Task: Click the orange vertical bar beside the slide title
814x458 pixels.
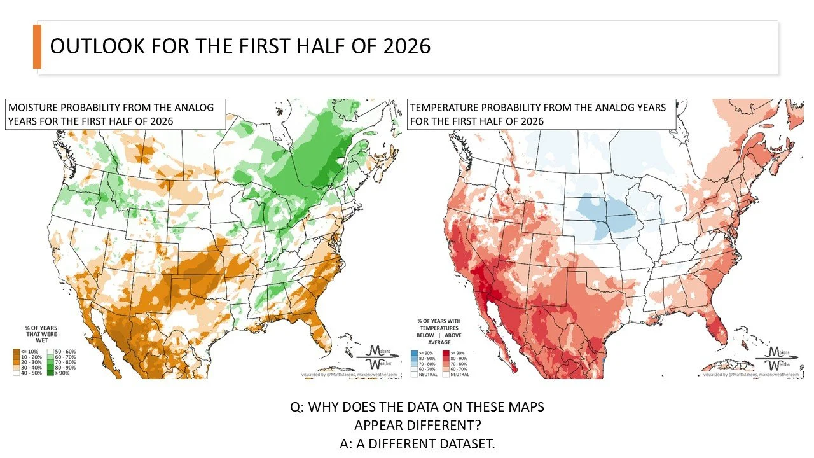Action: click(37, 46)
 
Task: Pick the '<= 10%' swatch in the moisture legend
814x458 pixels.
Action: click(15, 350)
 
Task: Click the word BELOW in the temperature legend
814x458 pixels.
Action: click(425, 335)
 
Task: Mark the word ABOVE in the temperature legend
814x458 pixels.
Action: click(453, 335)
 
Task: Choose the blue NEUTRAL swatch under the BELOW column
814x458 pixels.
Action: click(415, 375)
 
